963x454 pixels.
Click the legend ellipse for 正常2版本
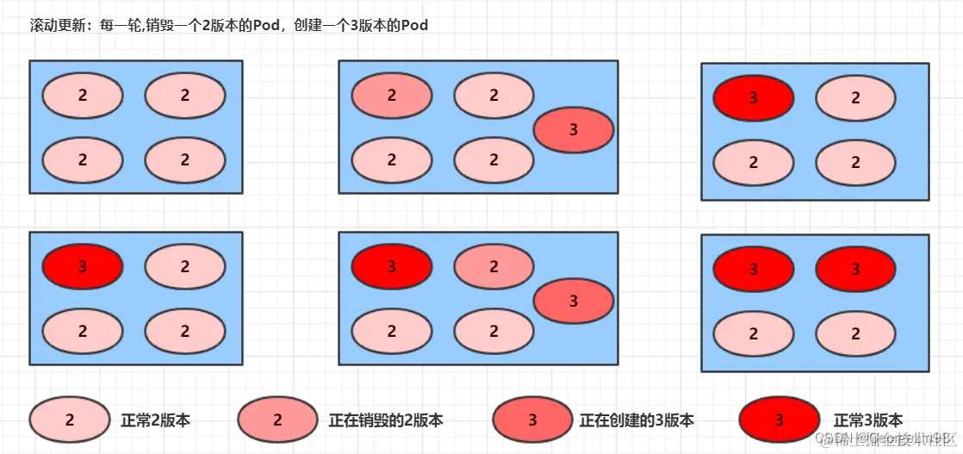click(x=70, y=420)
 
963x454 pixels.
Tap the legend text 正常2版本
click(x=155, y=420)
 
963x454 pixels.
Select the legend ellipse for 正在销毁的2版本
click(x=277, y=420)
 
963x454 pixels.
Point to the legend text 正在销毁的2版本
click(x=386, y=420)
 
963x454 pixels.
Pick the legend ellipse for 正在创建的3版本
click(x=532, y=420)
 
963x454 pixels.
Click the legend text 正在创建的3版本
click(x=637, y=420)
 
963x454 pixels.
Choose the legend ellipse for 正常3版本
click(x=779, y=420)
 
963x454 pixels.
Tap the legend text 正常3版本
click(x=868, y=420)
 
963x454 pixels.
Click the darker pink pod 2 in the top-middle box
click(x=392, y=95)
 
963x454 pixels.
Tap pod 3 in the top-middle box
click(x=574, y=130)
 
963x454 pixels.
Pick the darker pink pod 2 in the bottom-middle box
click(x=494, y=267)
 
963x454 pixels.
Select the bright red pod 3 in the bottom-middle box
click(x=392, y=267)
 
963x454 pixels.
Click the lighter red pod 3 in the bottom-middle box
click(x=574, y=301)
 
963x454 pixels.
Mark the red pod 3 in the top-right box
click(x=754, y=97)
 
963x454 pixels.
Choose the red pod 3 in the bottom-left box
click(x=83, y=266)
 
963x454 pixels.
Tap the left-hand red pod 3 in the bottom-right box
click(x=754, y=269)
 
